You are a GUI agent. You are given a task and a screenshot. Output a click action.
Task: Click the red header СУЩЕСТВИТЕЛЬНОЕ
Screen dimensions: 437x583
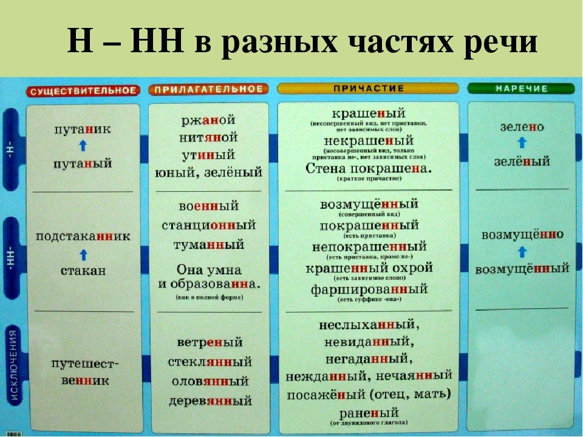point(83,90)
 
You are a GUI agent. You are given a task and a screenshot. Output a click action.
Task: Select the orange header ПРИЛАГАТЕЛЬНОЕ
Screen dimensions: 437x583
point(208,89)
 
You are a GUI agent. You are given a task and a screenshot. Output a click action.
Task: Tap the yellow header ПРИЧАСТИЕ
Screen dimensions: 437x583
point(368,89)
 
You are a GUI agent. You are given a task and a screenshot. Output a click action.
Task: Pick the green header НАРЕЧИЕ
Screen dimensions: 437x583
point(522,89)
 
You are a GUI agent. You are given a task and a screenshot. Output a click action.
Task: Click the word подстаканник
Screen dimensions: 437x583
point(83,236)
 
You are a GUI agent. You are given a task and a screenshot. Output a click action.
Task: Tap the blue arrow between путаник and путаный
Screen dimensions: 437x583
point(83,146)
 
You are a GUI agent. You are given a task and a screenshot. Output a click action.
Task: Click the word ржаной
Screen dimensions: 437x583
point(208,120)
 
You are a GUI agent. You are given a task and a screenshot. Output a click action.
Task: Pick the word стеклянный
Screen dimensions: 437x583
point(210,362)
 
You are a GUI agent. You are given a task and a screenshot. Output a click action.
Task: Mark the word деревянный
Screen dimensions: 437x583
point(210,401)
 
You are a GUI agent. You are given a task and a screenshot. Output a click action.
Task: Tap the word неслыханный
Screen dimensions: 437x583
point(369,325)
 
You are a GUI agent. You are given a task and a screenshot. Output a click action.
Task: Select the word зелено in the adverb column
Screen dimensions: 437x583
point(522,127)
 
